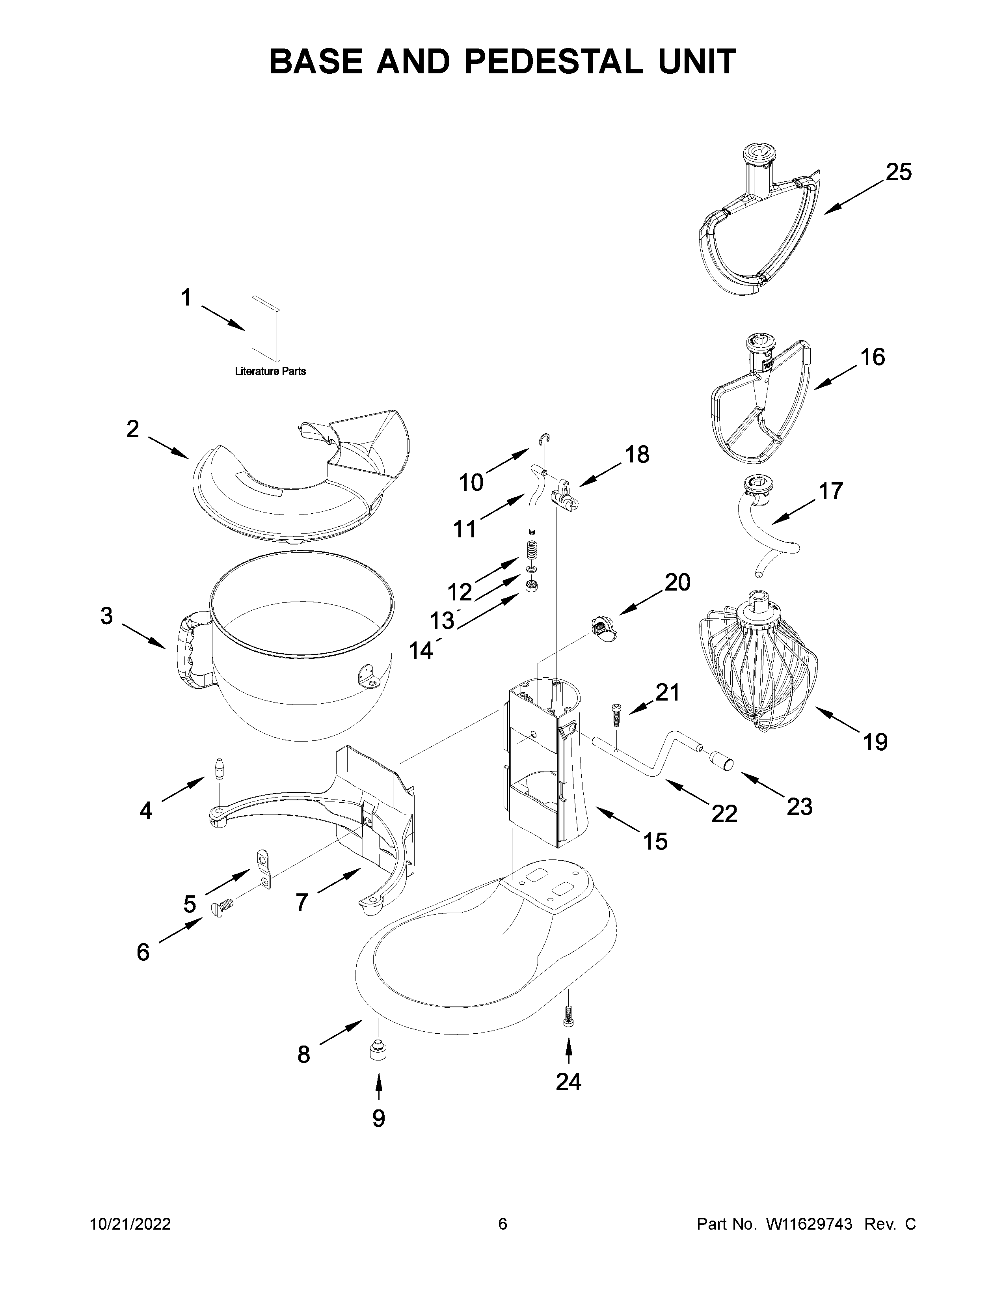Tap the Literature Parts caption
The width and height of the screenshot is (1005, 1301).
point(270,371)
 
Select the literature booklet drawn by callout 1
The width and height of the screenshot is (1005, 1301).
point(266,328)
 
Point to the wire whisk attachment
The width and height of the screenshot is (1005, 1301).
point(759,661)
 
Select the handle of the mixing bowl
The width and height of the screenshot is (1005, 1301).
point(189,650)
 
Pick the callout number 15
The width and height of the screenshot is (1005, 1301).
point(655,841)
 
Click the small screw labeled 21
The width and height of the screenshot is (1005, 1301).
point(616,715)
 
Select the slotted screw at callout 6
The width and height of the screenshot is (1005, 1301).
point(222,909)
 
